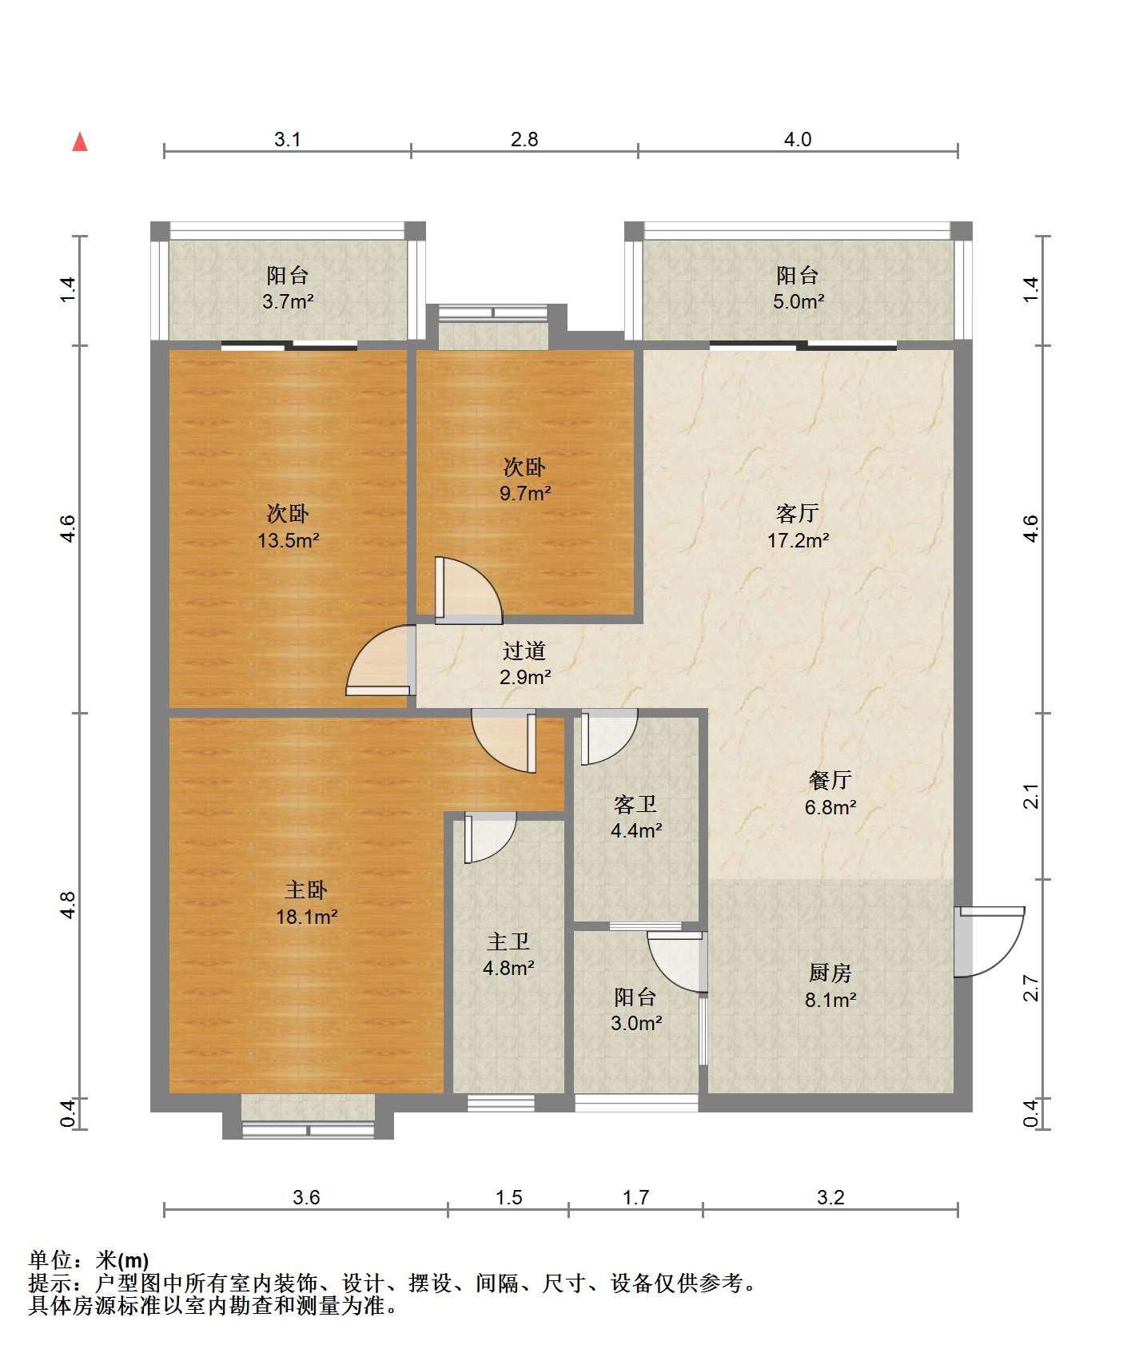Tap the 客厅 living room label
click(798, 513)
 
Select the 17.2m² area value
click(798, 540)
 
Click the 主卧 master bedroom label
click(306, 889)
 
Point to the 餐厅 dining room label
click(830, 780)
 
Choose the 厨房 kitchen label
click(830, 973)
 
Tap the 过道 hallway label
click(524, 651)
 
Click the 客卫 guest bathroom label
click(635, 803)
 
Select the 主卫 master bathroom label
click(508, 941)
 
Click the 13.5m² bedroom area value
click(288, 540)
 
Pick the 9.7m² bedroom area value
click(525, 493)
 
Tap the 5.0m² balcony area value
click(798, 301)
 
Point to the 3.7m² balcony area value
click(288, 301)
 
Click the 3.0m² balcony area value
click(636, 1023)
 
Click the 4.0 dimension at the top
click(797, 140)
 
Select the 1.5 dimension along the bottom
click(508, 1197)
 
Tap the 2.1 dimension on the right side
click(1032, 797)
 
